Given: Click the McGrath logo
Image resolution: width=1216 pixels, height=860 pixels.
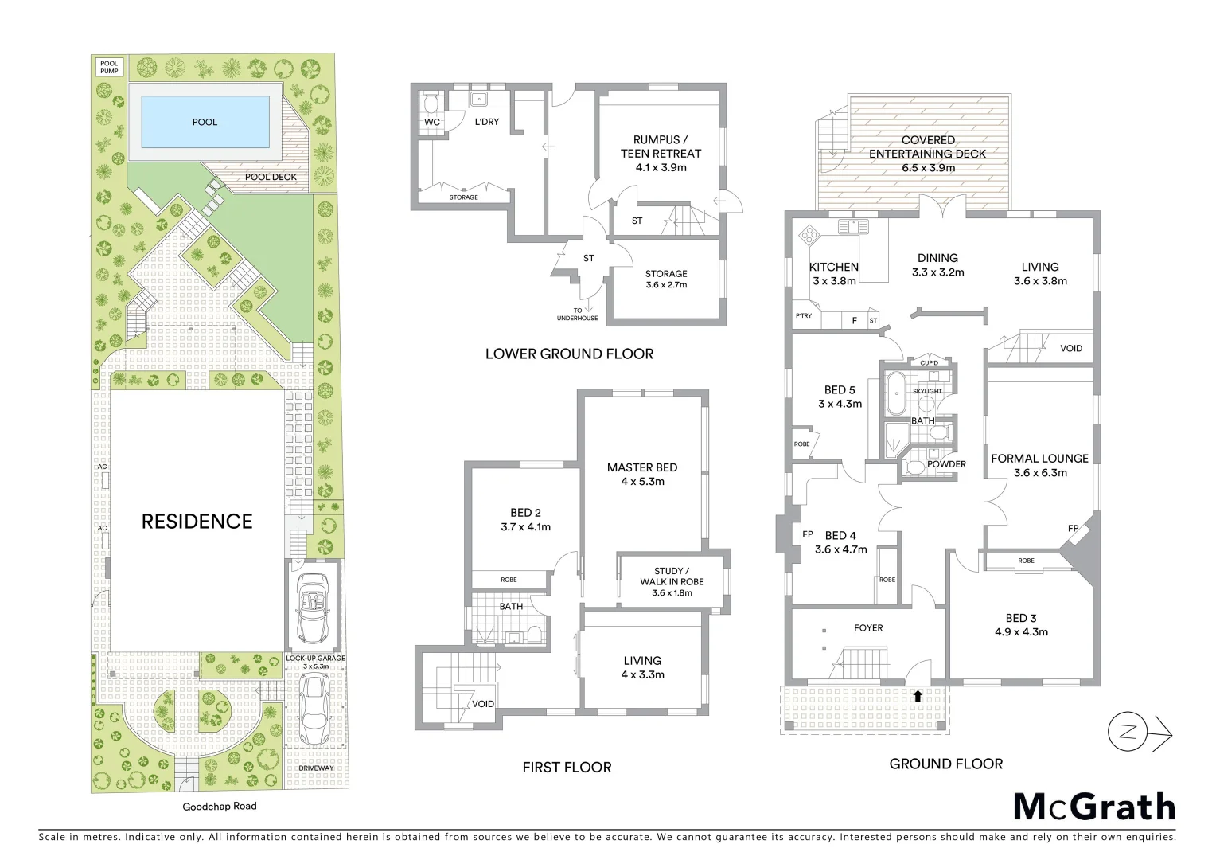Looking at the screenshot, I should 1094,807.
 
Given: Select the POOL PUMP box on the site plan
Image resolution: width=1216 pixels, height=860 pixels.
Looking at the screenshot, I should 108,66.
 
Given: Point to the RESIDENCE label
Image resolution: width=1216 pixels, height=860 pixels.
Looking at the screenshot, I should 197,522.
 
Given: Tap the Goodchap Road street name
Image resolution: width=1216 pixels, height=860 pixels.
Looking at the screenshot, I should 220,806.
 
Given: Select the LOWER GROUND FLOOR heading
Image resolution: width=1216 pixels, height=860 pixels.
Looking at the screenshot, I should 569,354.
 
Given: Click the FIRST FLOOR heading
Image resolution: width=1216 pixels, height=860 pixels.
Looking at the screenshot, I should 567,768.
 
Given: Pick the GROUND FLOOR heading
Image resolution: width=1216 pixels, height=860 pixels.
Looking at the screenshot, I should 945,764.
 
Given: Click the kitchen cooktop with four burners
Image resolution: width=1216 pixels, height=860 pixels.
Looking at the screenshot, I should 809,236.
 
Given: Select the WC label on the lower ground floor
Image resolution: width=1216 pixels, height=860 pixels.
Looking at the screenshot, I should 432,122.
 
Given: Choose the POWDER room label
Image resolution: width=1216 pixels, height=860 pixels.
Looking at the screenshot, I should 946,464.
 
